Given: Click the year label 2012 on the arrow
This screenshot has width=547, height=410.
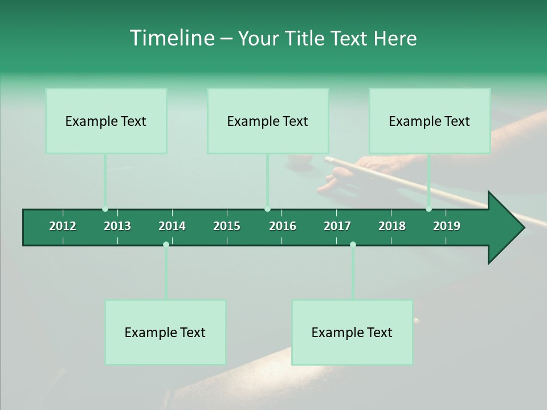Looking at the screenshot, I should click(63, 226).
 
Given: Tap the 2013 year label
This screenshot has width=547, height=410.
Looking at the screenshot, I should click(117, 226).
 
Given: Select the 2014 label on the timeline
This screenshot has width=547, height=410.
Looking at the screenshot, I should click(172, 226).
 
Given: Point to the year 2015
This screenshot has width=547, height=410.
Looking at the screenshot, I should click(227, 226).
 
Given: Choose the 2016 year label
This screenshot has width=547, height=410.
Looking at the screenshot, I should click(283, 226).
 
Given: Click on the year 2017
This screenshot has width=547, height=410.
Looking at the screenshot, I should click(337, 226).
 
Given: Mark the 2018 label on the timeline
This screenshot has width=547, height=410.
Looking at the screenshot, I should click(392, 226).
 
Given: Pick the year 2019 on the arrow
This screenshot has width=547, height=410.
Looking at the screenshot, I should click(447, 226).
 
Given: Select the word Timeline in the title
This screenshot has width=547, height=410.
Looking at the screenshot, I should click(172, 38).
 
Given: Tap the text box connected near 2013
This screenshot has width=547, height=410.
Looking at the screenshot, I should click(106, 121).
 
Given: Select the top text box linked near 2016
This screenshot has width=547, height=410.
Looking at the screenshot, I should click(268, 121).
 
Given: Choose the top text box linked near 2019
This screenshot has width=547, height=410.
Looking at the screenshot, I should click(430, 121).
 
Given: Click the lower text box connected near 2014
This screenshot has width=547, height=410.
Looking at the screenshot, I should click(165, 333).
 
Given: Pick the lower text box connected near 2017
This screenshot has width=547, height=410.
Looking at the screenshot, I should click(352, 333).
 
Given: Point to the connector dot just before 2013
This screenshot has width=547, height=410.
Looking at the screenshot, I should click(105, 209).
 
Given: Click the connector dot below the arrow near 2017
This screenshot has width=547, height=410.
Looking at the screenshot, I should click(353, 244).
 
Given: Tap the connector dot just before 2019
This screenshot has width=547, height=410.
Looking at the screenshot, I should click(428, 209).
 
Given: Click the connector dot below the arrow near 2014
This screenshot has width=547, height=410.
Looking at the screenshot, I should click(166, 244).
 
